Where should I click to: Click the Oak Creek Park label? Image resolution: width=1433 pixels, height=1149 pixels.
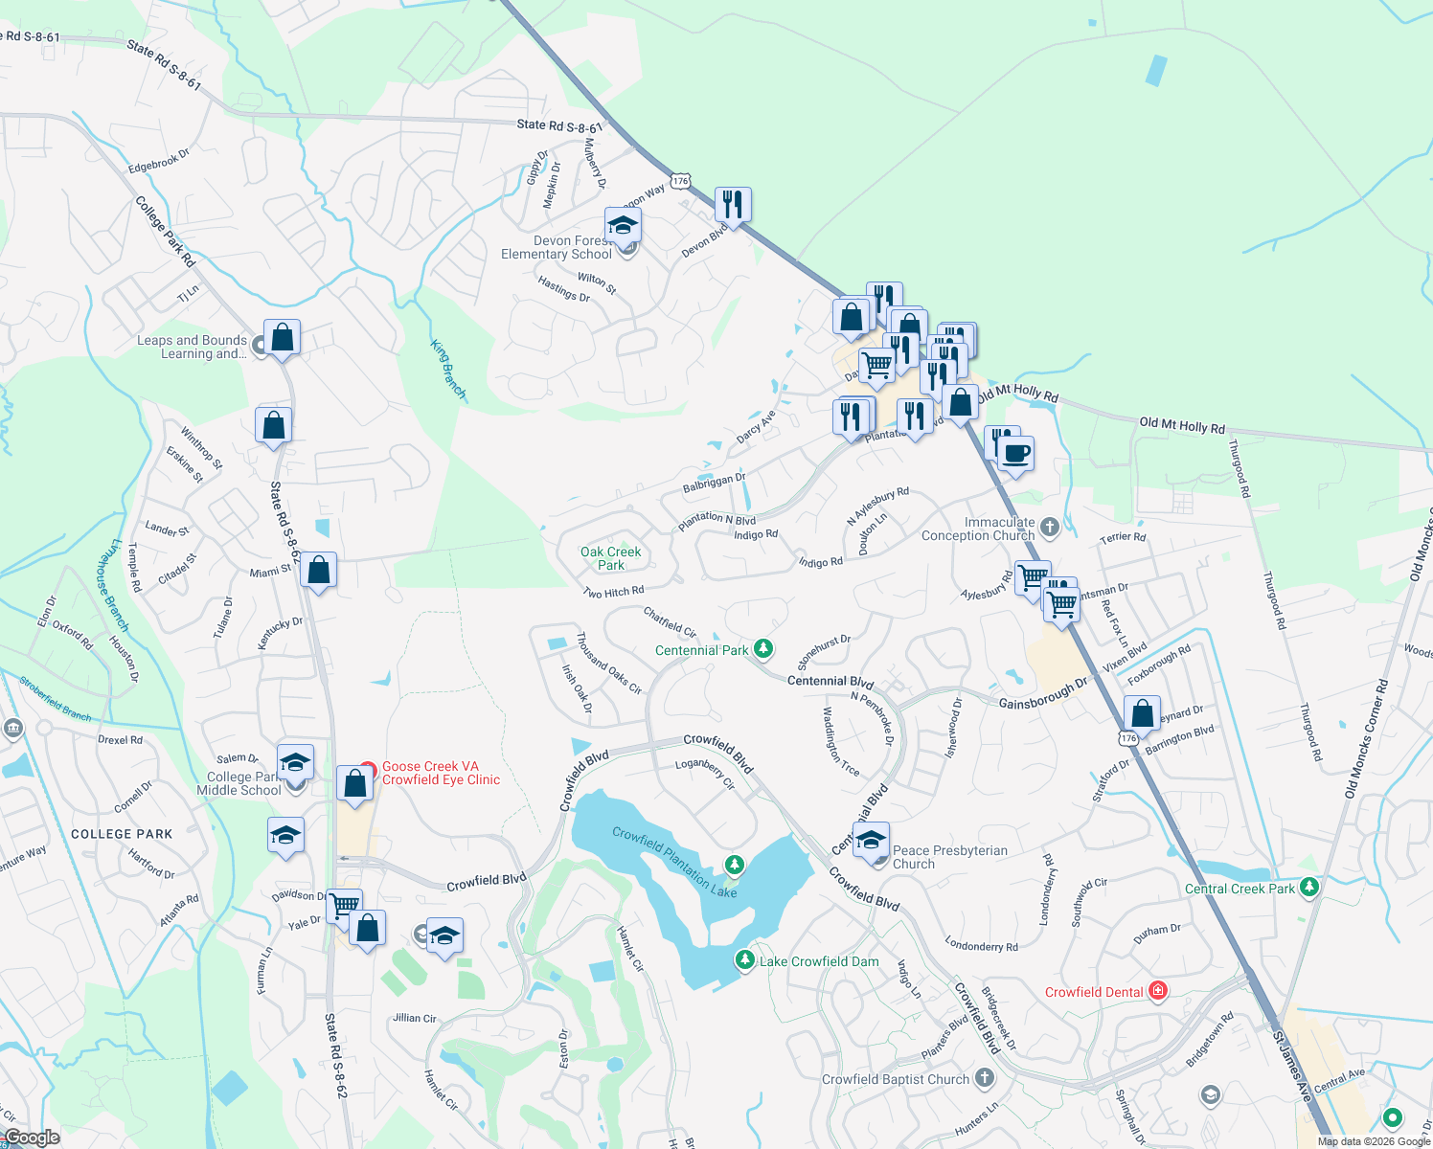pos(610,558)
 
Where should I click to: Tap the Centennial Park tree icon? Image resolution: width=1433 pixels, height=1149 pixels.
pos(763,649)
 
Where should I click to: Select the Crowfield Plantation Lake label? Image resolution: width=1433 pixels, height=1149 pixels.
pos(674,862)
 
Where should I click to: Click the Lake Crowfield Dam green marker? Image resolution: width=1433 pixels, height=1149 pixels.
pos(744,959)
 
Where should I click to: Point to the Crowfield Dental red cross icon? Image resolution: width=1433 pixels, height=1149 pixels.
pos(1157,991)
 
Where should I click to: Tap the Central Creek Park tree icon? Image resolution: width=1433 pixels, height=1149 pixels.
pos(1309,888)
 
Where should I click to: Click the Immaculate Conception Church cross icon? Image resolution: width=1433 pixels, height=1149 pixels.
pos(1050,526)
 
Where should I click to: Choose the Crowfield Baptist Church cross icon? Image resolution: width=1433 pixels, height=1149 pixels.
pos(984,1078)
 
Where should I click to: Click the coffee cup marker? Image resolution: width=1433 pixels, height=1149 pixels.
pos(1015,454)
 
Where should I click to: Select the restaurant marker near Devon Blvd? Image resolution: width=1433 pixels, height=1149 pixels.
pos(733,205)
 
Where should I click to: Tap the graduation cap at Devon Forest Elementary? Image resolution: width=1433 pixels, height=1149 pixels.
pos(623,227)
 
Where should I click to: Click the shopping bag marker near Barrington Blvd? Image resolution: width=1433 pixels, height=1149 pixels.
pos(1142,714)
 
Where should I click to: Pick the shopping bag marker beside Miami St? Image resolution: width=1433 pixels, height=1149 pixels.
pos(319,571)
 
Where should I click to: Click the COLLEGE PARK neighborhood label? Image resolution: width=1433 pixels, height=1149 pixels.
pos(122,834)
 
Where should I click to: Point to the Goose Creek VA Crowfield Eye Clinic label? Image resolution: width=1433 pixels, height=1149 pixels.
pos(441,773)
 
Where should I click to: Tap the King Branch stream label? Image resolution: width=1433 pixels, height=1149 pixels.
pos(448,370)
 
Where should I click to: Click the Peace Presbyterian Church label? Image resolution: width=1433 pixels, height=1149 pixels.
pos(949,857)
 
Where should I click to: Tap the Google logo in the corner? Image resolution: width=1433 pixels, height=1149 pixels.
pos(32,1138)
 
